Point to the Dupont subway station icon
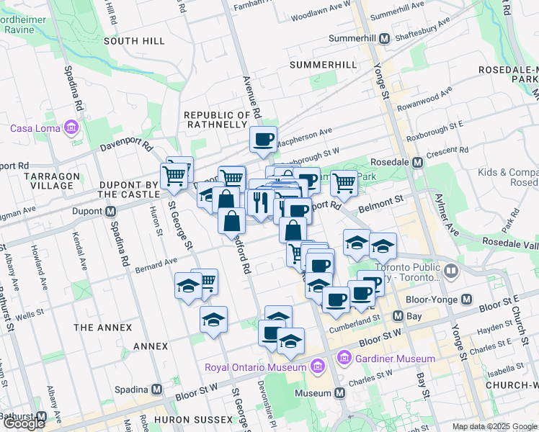coord(111,212)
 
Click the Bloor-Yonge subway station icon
coord(466,299)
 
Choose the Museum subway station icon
coord(339,393)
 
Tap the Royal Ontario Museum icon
coord(316,367)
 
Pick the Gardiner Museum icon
coord(344,358)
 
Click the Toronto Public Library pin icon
coord(451,271)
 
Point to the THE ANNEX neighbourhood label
coord(103,328)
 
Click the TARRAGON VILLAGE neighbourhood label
coord(48,181)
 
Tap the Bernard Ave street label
coord(156,266)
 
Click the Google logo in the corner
coord(24,423)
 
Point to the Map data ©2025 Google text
coord(494,426)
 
